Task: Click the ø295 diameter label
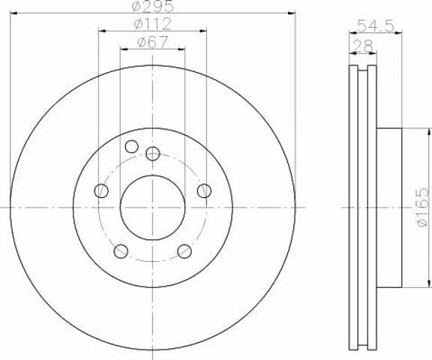(x=153, y=6)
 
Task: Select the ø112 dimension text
(x=152, y=24)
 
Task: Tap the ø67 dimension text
(x=152, y=42)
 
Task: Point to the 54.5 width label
(x=376, y=26)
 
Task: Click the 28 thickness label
(x=363, y=46)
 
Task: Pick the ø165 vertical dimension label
(x=423, y=207)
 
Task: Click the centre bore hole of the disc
(x=153, y=208)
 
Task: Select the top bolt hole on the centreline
(x=153, y=154)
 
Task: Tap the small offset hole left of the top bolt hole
(x=132, y=146)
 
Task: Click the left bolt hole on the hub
(x=101, y=190)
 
